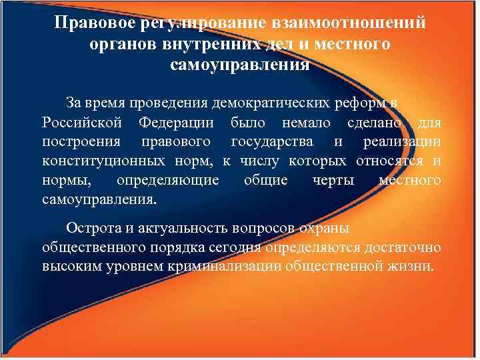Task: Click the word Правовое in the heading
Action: click(x=94, y=24)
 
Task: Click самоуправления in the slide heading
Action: click(x=240, y=65)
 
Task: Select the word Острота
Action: click(x=93, y=228)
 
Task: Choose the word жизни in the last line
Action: click(x=413, y=267)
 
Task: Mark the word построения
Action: click(x=81, y=142)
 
